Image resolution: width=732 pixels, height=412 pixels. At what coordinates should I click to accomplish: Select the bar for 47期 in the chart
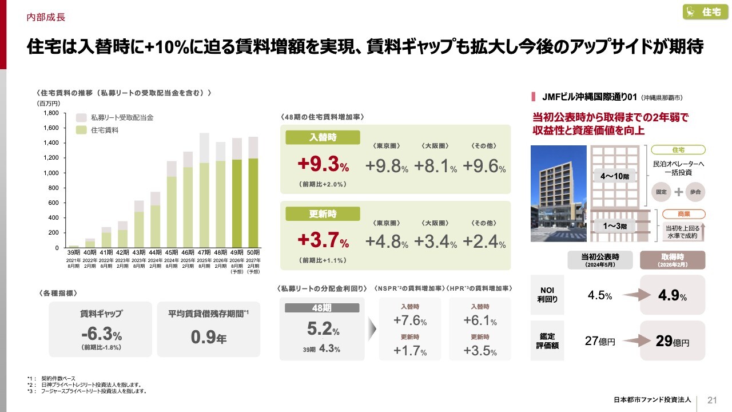click(x=204, y=195)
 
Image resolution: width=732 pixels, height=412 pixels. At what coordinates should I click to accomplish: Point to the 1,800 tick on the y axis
click(x=51, y=113)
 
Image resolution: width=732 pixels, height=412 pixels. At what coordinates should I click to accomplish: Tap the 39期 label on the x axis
click(x=74, y=253)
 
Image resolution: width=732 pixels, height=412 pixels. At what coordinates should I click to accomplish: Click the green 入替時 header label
click(x=323, y=137)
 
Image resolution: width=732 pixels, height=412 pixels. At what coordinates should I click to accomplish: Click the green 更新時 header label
click(x=323, y=214)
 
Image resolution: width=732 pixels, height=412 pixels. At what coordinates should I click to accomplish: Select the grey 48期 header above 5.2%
click(x=322, y=308)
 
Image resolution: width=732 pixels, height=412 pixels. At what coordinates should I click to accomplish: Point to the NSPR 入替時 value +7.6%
click(x=410, y=320)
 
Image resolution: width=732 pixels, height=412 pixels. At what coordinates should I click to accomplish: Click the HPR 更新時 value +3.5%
click(x=480, y=351)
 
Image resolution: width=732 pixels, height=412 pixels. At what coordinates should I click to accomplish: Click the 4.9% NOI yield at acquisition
click(x=672, y=296)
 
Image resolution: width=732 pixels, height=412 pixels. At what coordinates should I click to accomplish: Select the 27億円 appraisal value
click(x=600, y=342)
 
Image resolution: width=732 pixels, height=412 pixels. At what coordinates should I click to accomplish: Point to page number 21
click(x=712, y=399)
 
